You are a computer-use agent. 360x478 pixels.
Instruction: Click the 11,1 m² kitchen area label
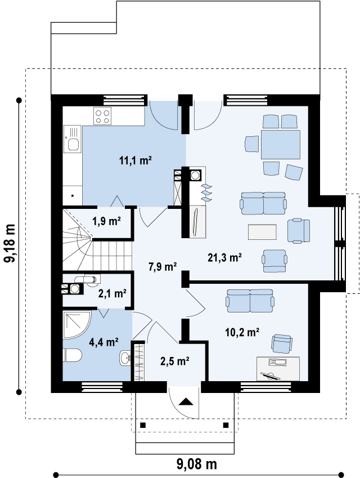tap(135, 160)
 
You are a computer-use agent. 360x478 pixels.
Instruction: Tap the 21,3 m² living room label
tap(225, 258)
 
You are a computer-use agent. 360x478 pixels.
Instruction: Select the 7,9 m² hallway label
tap(163, 267)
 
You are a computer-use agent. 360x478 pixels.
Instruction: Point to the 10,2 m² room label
tap(242, 332)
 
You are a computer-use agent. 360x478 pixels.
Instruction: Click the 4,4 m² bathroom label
tap(103, 342)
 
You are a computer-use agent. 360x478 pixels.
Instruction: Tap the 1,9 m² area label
tap(107, 221)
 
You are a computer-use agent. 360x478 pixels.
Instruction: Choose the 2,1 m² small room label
tap(112, 293)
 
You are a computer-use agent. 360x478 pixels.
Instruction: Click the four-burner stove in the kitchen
tap(102, 117)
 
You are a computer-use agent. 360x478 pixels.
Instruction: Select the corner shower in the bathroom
tap(76, 324)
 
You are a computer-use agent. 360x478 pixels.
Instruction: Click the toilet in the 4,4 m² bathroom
tap(73, 356)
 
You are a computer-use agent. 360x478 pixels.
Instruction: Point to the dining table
tap(281, 145)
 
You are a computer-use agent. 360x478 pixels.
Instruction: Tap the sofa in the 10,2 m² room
tap(250, 301)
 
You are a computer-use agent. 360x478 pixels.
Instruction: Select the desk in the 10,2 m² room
tap(278, 369)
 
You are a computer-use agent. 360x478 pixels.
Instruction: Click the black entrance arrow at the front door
tap(186, 401)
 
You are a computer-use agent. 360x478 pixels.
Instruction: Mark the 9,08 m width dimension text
tap(197, 464)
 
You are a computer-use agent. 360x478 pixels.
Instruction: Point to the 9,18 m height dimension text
tap(10, 243)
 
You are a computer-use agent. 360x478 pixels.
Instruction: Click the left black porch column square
tap(143, 425)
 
